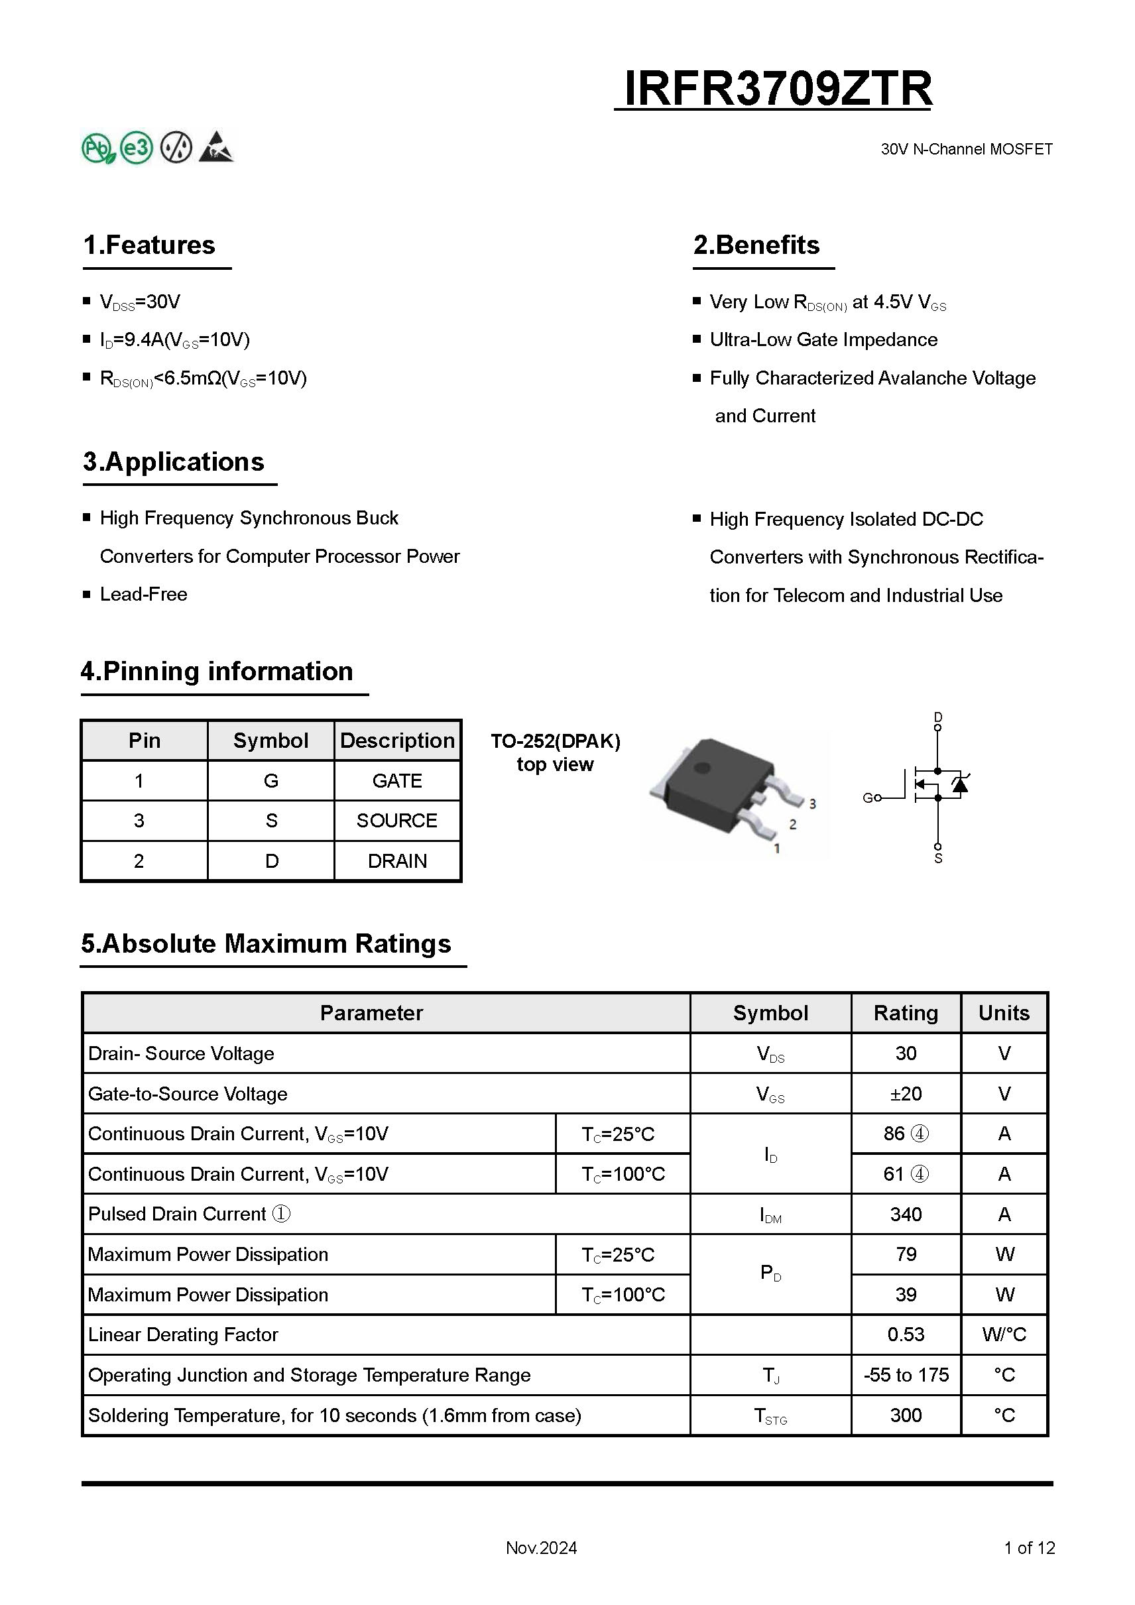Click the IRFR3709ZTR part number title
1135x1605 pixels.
pyautogui.click(x=777, y=89)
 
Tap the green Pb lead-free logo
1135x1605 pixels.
pyautogui.click(x=99, y=149)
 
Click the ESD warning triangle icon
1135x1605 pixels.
pyautogui.click(x=216, y=147)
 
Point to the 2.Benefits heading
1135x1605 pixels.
pyautogui.click(x=756, y=245)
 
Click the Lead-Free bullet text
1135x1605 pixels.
pyautogui.click(x=143, y=594)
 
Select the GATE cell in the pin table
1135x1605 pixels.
pyautogui.click(x=397, y=781)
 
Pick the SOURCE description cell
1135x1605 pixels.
pyautogui.click(x=397, y=821)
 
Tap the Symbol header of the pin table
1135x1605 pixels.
pyautogui.click(x=270, y=741)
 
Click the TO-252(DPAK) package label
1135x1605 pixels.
pyautogui.click(x=555, y=741)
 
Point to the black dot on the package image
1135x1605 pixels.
pyautogui.click(x=701, y=768)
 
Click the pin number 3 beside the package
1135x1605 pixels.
pyautogui.click(x=813, y=804)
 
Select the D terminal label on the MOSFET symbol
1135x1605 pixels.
pyautogui.click(x=938, y=717)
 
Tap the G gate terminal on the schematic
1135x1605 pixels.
pyautogui.click(x=868, y=798)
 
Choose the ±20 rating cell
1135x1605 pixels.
pyautogui.click(x=906, y=1094)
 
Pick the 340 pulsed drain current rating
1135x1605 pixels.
pyautogui.click(x=906, y=1215)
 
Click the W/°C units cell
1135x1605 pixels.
pyautogui.click(x=1004, y=1335)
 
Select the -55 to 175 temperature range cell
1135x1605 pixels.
pyautogui.click(x=906, y=1375)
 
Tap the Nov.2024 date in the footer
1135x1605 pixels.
pyautogui.click(x=541, y=1548)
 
